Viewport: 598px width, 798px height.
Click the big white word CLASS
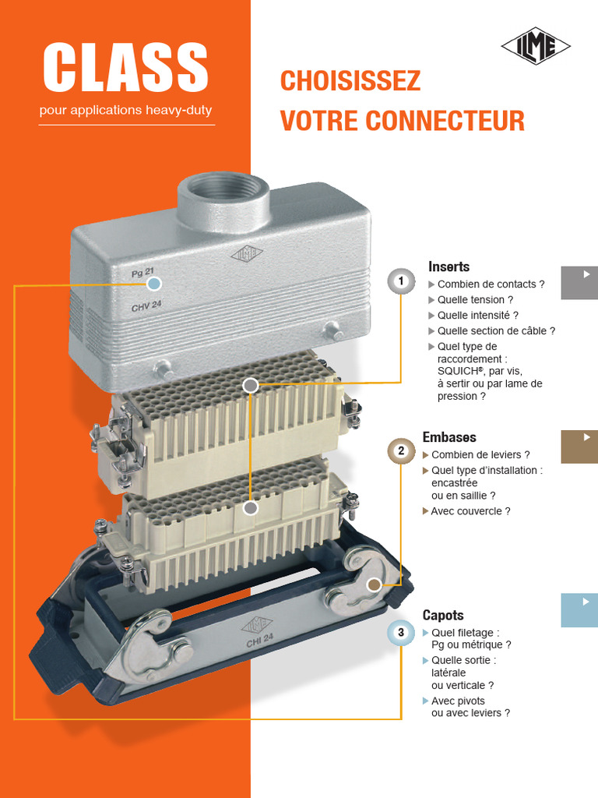click(125, 67)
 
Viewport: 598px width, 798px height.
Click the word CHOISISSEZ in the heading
click(350, 80)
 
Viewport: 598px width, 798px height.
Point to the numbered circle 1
click(401, 281)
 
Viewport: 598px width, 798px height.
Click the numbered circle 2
click(401, 450)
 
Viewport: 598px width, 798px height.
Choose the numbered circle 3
click(401, 632)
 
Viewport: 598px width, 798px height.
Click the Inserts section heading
click(448, 267)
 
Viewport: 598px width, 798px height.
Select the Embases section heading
click(449, 437)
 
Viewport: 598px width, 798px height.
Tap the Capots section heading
click(442, 615)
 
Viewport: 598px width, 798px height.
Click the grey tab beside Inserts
click(579, 282)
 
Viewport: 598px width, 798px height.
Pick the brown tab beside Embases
click(579, 447)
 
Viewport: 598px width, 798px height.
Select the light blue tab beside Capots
click(579, 609)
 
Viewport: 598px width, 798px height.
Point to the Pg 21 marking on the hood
click(143, 274)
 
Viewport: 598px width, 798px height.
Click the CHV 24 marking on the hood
click(146, 306)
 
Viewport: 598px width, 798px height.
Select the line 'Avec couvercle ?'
click(470, 511)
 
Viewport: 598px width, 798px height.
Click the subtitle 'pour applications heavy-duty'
click(125, 110)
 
